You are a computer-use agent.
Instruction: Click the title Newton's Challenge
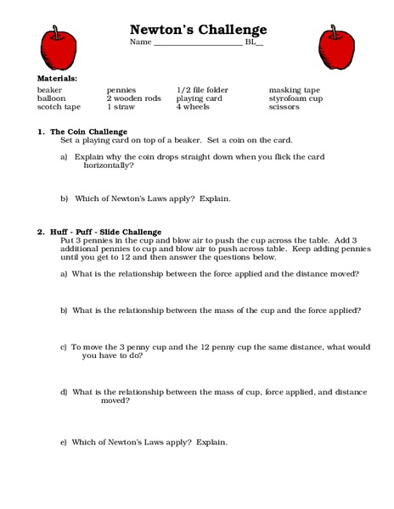click(198, 30)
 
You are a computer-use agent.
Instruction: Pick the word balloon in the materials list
click(52, 98)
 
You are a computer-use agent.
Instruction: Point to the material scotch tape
click(59, 108)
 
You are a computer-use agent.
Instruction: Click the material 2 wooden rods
click(133, 98)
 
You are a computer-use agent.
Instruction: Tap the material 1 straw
click(121, 108)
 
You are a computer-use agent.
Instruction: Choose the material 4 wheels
click(193, 108)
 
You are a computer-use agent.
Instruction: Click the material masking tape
click(295, 89)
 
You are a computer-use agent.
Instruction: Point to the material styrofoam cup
click(297, 98)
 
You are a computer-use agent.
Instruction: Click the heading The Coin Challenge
click(88, 131)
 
